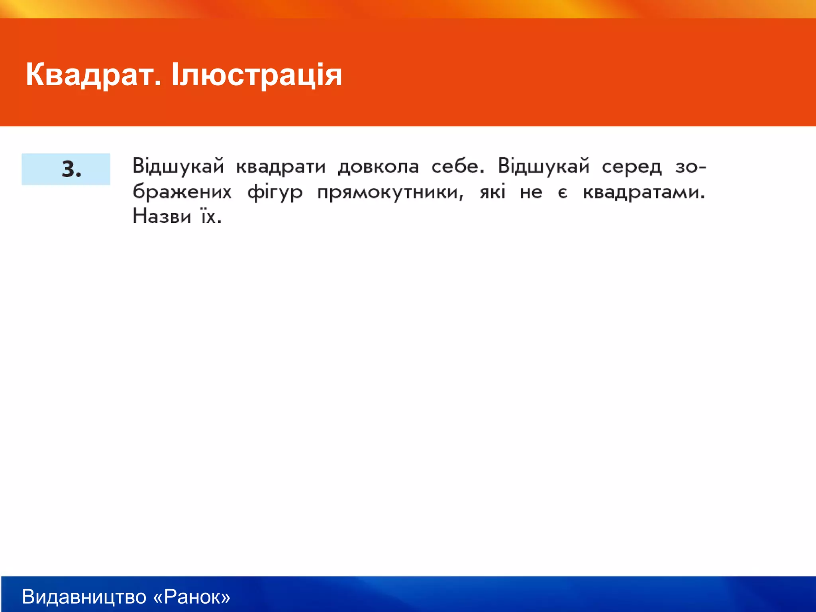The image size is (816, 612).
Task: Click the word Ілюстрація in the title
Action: [x=257, y=75]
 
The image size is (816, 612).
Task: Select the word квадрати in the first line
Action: [x=281, y=167]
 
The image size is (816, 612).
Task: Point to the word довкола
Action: [x=379, y=167]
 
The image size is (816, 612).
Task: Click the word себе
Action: [x=458, y=167]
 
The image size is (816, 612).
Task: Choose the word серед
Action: [x=632, y=167]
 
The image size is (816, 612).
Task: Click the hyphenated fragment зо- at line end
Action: [x=690, y=167]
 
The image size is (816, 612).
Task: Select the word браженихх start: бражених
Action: [x=182, y=192]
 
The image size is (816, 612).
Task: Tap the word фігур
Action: [x=275, y=192]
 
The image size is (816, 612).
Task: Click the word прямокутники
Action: [x=390, y=192]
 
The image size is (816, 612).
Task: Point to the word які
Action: [x=492, y=192]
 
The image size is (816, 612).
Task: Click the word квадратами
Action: [x=644, y=192]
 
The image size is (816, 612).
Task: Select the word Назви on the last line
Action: [x=162, y=217]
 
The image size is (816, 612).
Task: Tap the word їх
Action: [x=211, y=217]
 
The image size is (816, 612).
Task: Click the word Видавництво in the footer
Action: [x=84, y=596]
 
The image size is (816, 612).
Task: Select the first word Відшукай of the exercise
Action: [x=178, y=167]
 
